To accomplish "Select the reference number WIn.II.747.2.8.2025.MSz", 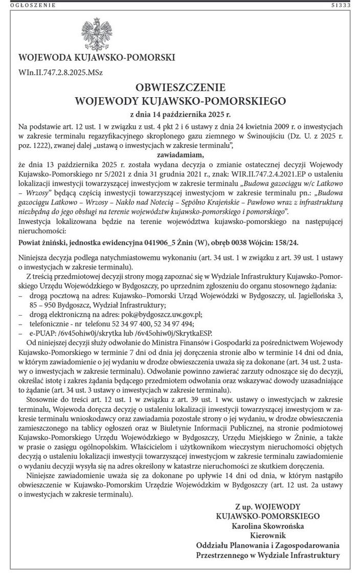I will tap(60, 72).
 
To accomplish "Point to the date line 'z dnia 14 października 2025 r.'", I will tap(180, 114).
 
